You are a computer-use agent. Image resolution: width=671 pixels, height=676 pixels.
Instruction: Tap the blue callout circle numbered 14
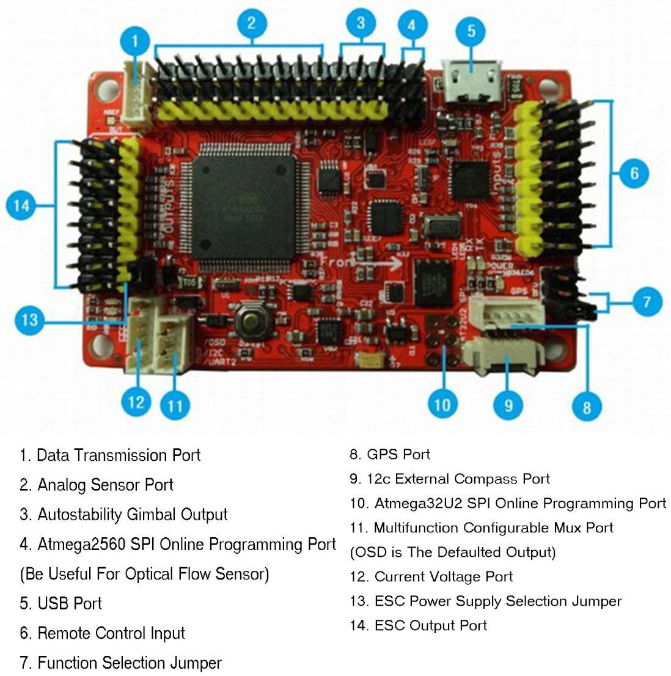point(22,205)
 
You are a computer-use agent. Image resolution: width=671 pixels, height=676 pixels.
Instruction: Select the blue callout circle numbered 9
point(508,404)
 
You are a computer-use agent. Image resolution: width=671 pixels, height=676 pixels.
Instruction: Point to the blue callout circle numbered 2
point(251,23)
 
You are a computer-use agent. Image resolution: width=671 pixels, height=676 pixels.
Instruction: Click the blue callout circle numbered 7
point(647,301)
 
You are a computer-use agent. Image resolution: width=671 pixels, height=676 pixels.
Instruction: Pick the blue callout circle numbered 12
point(136,402)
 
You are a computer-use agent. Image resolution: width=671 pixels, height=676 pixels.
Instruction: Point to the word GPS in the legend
point(383,454)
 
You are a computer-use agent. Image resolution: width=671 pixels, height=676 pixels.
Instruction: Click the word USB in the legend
point(53,603)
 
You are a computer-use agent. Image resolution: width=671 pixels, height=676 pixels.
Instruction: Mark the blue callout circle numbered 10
point(442,404)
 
